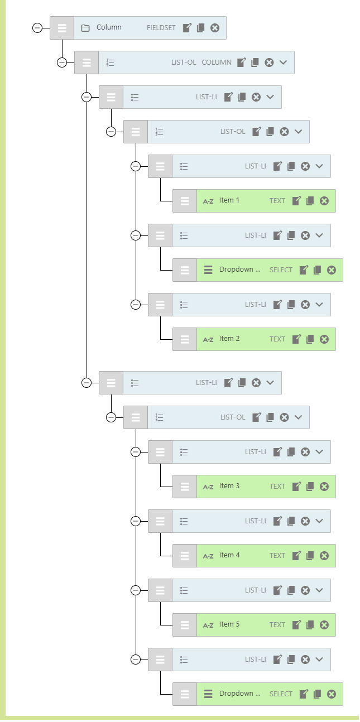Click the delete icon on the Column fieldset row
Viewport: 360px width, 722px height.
[x=215, y=28]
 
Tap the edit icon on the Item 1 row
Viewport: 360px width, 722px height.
[x=297, y=201]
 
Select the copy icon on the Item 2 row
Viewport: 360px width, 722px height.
[x=310, y=339]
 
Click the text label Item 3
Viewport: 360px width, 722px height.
[x=229, y=486]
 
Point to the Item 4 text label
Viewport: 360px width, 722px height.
[x=229, y=555]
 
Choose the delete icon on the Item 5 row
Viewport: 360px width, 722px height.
[x=324, y=625]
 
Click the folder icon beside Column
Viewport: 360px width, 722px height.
[x=85, y=28]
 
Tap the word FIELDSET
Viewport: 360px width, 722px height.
[x=161, y=28]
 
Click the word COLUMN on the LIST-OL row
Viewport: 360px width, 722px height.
[x=217, y=62]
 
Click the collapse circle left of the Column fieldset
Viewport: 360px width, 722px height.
[x=37, y=28]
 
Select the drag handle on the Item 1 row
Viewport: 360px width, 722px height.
[x=185, y=201]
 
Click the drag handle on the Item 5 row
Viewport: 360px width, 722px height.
[x=185, y=625]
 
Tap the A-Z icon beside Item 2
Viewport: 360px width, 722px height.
[x=208, y=339]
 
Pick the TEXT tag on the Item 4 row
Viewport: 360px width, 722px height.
[x=277, y=556]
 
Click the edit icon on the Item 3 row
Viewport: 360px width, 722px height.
[x=297, y=487]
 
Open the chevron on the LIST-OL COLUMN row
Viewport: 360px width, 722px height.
[x=284, y=62]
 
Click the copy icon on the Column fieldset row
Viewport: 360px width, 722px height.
[x=201, y=28]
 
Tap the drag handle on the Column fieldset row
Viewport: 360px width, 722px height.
[x=62, y=28]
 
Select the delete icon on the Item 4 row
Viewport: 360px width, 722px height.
[x=324, y=556]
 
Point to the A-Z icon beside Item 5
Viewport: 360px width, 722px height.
[x=208, y=625]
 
